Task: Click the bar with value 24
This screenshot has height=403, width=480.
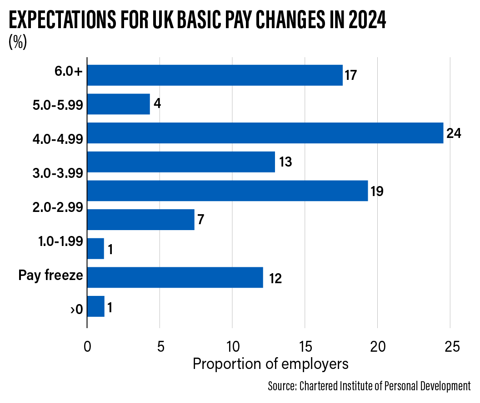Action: pos(265,133)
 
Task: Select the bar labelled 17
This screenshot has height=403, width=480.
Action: pos(215,75)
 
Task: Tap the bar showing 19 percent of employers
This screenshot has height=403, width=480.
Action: pos(227,191)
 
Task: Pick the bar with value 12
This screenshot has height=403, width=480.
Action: pos(175,277)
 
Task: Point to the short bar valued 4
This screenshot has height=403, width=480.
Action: pos(119,104)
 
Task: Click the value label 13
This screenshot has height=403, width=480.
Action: pos(285,162)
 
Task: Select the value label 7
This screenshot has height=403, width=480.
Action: pos(201,220)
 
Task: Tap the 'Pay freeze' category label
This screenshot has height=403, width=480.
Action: pos(50,275)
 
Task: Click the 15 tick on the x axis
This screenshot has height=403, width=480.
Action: pos(305,347)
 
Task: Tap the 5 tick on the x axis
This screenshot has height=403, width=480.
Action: pos(160,347)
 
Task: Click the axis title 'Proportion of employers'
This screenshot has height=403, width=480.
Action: pos(270,364)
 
